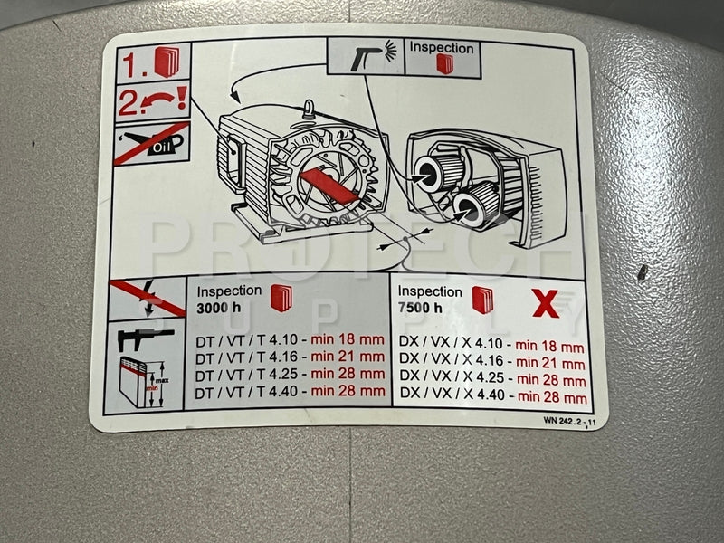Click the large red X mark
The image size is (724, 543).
pos(546,303)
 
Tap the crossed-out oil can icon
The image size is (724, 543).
pos(152,143)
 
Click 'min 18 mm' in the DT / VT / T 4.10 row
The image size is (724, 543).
pos(348,340)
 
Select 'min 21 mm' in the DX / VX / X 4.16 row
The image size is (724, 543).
pos(550,364)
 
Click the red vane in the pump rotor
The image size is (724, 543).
pos(329,186)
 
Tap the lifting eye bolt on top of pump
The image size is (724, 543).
pos(309,109)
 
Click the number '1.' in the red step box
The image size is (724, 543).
pos(135,66)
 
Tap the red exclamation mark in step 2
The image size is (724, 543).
pos(182,98)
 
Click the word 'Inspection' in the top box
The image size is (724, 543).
pos(442,48)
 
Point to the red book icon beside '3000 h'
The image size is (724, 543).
pos(281,299)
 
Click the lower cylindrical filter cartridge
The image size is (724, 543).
pos(476,205)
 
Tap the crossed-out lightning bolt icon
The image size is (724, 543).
pos(147,299)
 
